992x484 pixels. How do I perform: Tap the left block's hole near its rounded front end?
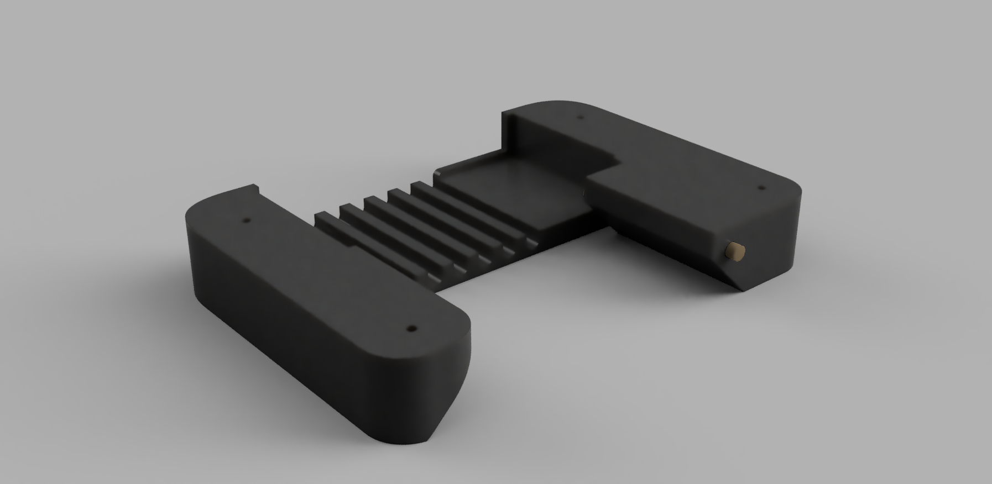pos(411,328)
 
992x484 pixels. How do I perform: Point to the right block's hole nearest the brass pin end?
pos(760,188)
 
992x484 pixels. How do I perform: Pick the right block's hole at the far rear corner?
pos(580,117)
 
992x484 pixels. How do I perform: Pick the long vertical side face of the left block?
pos(288,309)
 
